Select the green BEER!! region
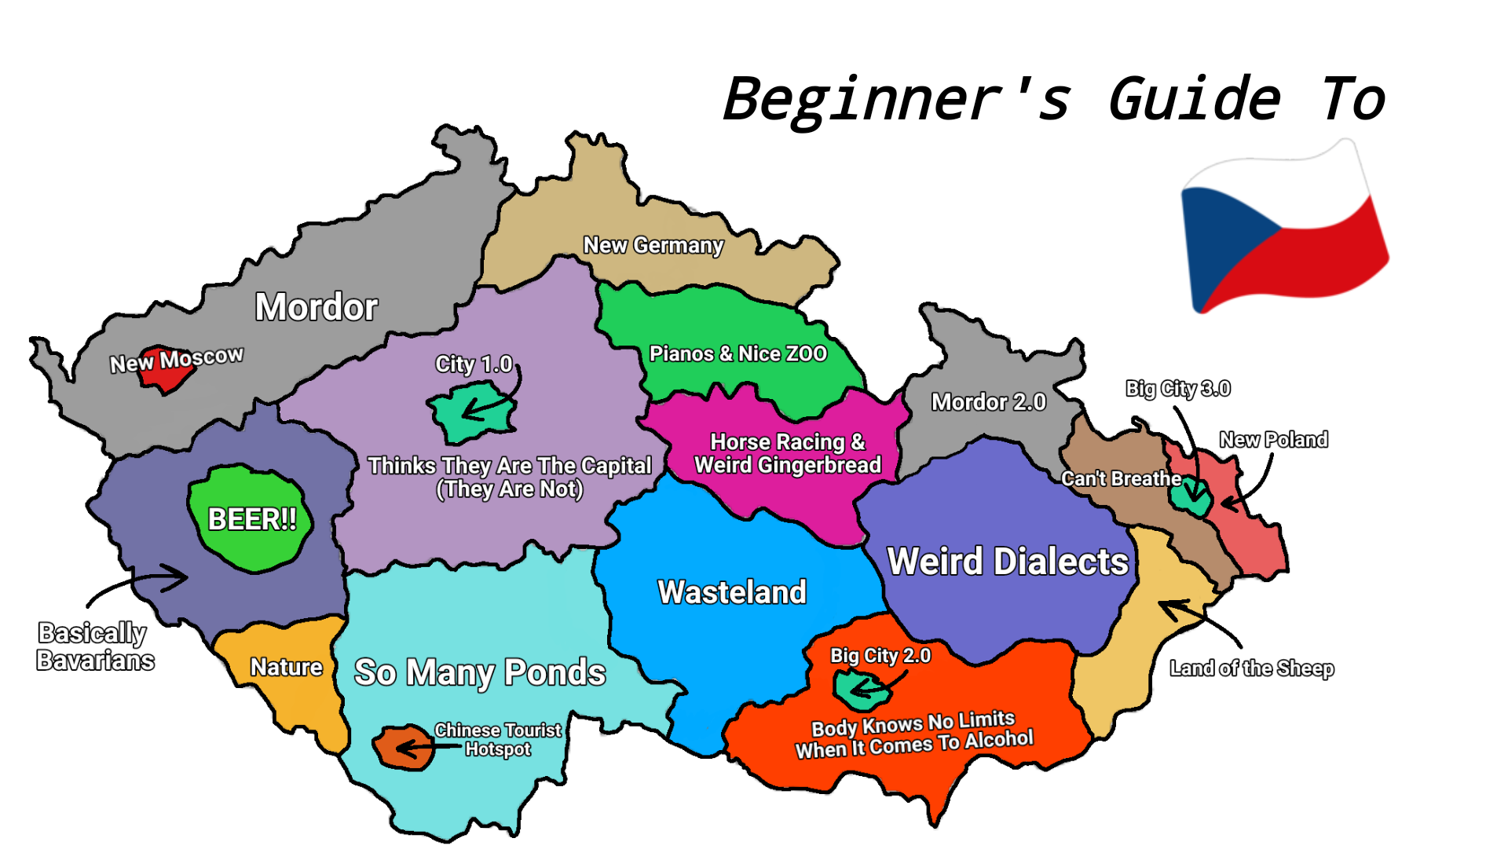pos(250,518)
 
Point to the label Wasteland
pos(732,592)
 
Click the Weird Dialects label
pos(1007,562)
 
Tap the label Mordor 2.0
pos(988,402)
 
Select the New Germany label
pos(653,246)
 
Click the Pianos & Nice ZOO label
pos(738,353)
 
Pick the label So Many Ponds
pos(480,672)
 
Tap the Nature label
pos(286,668)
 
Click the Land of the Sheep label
pos(1251,668)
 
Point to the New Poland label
pos(1273,440)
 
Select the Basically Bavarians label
pos(95,646)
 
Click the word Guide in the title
pos(1194,100)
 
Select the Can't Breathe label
pos(1121,478)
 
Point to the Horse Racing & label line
pos(787,442)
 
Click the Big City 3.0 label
pos(1177,389)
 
